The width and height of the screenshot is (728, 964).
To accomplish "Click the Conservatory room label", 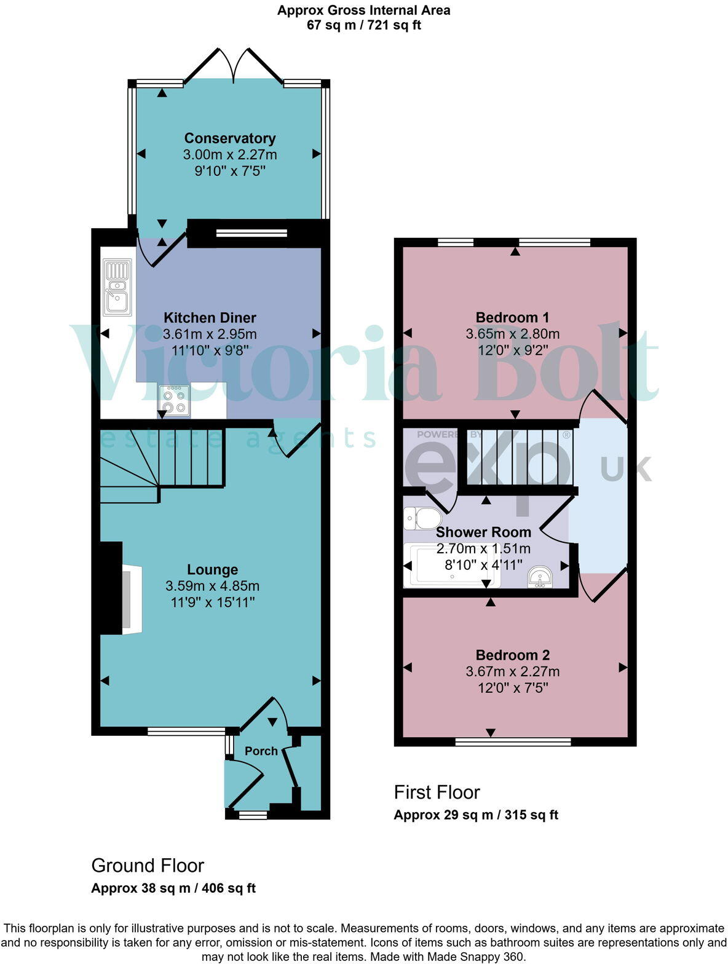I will (229, 138).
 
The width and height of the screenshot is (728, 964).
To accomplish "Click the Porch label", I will (261, 751).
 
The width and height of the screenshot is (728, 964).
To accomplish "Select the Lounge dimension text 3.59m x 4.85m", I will (212, 586).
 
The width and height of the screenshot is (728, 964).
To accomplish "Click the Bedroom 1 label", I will (512, 317).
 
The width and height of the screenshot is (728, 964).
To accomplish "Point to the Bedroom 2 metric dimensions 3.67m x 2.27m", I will (512, 671).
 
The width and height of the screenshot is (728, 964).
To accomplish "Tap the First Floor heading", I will (437, 792).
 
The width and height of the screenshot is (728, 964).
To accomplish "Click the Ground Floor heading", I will (148, 865).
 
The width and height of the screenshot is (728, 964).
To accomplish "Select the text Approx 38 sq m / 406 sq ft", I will (173, 888).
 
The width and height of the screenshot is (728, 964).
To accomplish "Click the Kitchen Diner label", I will (210, 317).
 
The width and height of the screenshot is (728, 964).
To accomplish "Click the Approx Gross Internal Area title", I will (363, 10).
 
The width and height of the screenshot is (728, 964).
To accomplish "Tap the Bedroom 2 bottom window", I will (513, 742).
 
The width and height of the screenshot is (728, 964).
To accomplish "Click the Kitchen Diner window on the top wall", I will (251, 232).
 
